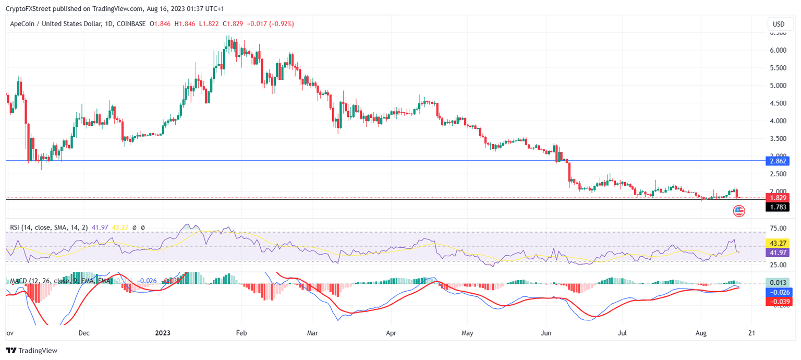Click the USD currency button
tap(778, 24)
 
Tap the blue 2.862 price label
tap(776, 161)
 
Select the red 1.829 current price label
tap(776, 198)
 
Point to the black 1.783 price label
tap(776, 207)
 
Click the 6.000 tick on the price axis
tap(778, 50)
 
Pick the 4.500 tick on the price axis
tap(778, 103)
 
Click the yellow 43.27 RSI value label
tap(777, 243)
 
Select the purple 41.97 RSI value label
tap(777, 253)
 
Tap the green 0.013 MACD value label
tap(777, 283)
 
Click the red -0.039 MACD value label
tap(777, 302)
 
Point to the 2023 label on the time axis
tap(163, 332)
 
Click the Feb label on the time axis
tap(240, 332)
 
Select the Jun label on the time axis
tap(546, 332)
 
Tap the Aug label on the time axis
tap(701, 332)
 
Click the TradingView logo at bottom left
tap(32, 351)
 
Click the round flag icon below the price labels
tap(739, 211)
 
